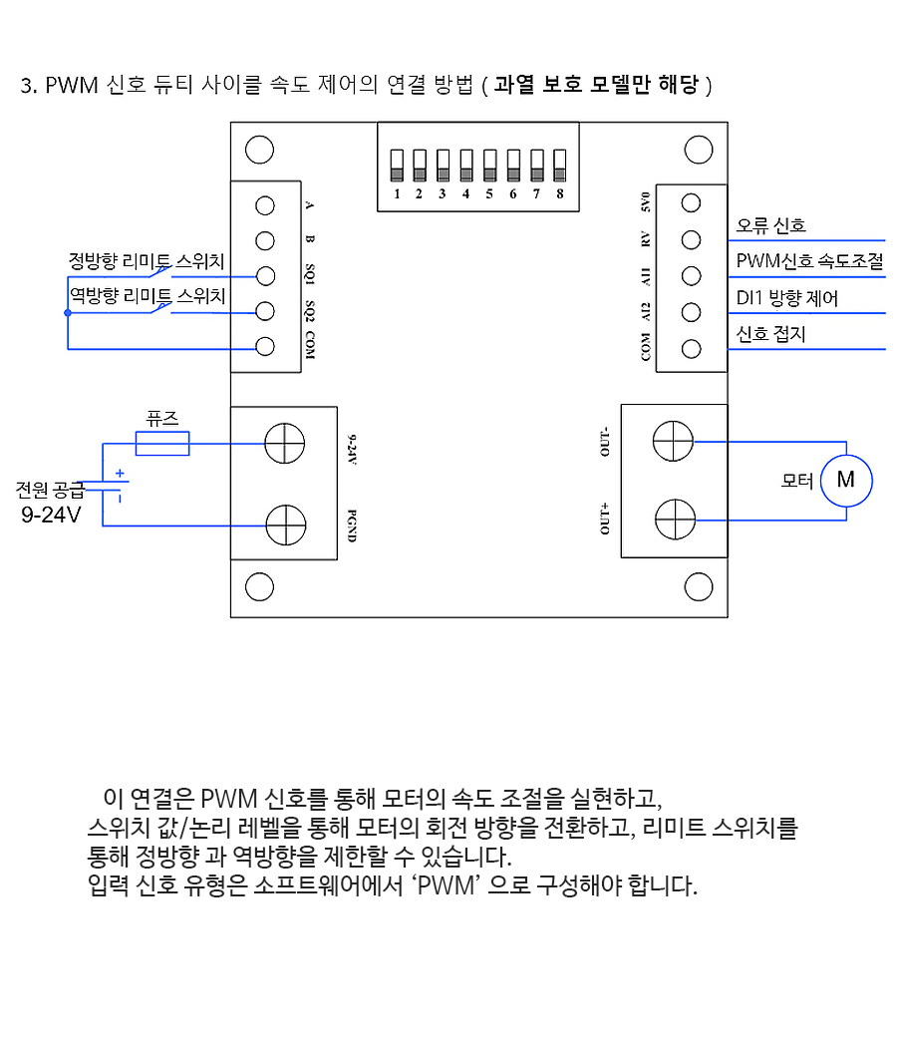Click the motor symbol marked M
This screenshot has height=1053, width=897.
click(x=846, y=481)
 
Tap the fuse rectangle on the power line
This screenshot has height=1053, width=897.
click(x=162, y=444)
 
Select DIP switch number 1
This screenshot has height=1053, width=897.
click(x=397, y=166)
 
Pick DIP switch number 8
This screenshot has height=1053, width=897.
click(x=559, y=166)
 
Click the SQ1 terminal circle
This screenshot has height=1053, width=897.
click(x=265, y=276)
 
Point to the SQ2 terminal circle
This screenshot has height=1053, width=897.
click(x=265, y=311)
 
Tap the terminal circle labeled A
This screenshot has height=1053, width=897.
click(x=265, y=205)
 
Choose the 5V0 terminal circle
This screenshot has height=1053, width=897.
click(x=691, y=202)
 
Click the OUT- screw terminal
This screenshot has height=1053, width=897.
click(x=673, y=441)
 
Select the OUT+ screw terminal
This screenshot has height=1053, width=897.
click(x=675, y=520)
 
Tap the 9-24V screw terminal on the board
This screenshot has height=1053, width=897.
click(x=285, y=443)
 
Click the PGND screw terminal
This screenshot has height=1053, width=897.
click(x=286, y=526)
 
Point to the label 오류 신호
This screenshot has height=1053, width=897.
click(x=770, y=225)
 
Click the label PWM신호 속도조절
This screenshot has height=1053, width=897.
click(x=809, y=260)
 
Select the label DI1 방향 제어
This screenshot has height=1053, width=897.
click(x=787, y=297)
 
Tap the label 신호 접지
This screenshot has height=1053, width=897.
click(x=770, y=334)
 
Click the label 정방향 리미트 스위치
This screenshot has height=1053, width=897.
click(x=147, y=260)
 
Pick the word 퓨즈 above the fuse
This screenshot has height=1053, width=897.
click(x=162, y=419)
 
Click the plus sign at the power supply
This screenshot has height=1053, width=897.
click(x=120, y=474)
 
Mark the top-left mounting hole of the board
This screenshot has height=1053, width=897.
click(x=260, y=150)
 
